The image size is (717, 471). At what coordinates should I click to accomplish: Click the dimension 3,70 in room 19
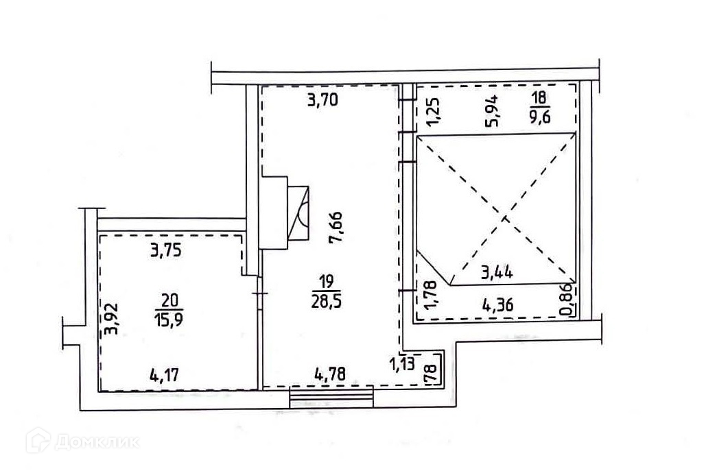tap(323, 99)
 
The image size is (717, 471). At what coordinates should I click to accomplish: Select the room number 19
tap(327, 280)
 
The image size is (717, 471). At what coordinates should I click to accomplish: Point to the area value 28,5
tap(327, 302)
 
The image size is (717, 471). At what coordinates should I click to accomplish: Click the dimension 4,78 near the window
tap(330, 374)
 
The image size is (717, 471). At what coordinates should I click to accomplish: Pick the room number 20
tap(169, 300)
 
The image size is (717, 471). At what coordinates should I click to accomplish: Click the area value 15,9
tap(169, 319)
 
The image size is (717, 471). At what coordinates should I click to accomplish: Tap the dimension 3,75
tap(166, 250)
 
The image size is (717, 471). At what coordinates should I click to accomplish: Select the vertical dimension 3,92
tap(110, 319)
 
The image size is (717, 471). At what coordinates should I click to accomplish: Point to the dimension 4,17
tap(164, 376)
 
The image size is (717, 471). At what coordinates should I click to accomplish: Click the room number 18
tap(539, 97)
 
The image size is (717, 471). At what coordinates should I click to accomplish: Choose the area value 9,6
tap(539, 117)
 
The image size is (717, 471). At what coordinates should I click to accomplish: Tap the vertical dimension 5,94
tap(493, 110)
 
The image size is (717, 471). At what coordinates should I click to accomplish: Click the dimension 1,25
tap(434, 112)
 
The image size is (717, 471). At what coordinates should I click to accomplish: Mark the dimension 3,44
tap(497, 273)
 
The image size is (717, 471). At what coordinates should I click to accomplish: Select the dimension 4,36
tap(498, 304)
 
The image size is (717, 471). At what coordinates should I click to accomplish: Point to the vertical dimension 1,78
tap(431, 295)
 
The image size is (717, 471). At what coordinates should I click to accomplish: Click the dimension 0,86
tap(565, 300)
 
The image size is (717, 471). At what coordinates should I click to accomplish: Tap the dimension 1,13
tap(402, 363)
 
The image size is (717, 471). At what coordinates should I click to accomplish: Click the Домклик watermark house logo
tap(38, 440)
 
